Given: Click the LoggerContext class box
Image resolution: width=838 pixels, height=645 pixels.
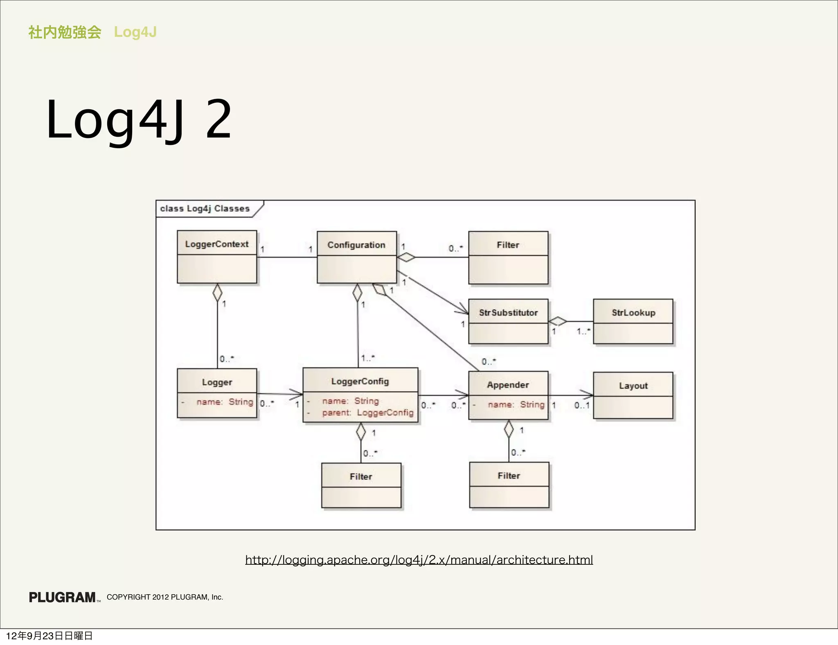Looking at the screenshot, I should tap(217, 257).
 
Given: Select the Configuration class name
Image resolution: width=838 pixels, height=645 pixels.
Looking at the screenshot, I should tap(356, 245).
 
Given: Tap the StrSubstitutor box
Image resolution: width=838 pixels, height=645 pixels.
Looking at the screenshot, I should tap(508, 321).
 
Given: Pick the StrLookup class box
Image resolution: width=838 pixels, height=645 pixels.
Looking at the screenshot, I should tap(633, 321).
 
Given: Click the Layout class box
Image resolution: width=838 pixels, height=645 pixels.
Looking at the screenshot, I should tap(633, 395).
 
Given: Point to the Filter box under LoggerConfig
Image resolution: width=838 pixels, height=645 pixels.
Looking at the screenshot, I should tap(361, 485).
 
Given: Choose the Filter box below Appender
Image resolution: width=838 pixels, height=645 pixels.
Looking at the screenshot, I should tap(509, 485).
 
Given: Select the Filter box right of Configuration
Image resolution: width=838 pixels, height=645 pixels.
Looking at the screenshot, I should tap(508, 258).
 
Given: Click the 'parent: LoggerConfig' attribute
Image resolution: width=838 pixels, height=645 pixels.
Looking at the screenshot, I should tap(367, 413).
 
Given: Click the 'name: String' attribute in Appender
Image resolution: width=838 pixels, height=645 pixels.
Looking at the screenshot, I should tap(516, 405).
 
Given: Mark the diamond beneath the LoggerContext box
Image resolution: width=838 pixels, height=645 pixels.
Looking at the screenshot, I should tap(217, 293).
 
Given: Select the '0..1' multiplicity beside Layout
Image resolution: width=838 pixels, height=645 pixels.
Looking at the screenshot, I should tap(581, 405).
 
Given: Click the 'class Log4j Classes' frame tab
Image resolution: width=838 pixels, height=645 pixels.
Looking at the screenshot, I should tap(205, 209).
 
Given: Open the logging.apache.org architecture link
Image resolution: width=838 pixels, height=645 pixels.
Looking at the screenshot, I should tap(419, 559).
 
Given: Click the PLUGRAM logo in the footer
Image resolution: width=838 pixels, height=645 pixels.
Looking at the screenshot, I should tap(63, 597).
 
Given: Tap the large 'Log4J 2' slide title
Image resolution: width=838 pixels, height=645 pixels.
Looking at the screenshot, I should tap(139, 120).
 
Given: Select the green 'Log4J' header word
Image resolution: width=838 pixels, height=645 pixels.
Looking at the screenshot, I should tap(135, 32).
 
